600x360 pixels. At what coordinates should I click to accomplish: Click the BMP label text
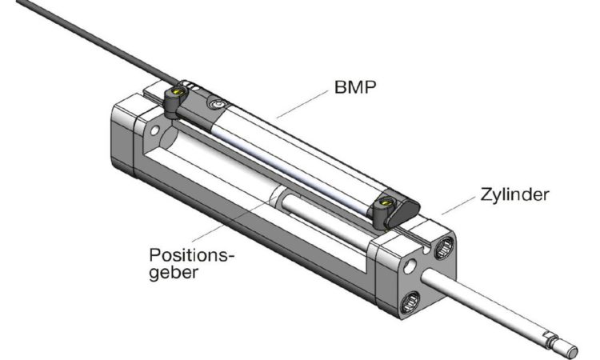tap(355, 87)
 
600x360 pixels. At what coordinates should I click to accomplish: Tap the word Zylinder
tap(514, 194)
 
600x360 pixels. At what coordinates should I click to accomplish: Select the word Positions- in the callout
tap(191, 254)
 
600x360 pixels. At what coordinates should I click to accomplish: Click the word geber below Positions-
tap(174, 274)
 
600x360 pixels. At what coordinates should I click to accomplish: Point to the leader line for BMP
tap(302, 104)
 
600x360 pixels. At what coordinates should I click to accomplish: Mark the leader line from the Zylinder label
tap(458, 206)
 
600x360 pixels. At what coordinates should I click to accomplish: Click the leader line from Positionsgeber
tap(234, 218)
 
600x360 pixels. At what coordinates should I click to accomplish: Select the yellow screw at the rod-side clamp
tap(385, 202)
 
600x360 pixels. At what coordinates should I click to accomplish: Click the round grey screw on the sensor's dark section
tap(217, 104)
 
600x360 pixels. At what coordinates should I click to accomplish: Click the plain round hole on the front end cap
tap(410, 266)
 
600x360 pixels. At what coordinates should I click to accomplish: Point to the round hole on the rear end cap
tap(154, 130)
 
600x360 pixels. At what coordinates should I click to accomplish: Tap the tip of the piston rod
tap(572, 350)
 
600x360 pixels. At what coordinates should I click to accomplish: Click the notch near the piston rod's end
tap(552, 337)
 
